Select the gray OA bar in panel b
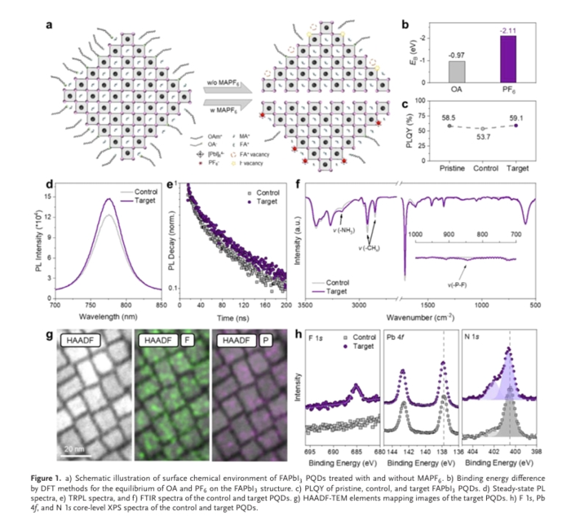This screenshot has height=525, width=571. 457,71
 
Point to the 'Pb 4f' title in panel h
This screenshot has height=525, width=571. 399,337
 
